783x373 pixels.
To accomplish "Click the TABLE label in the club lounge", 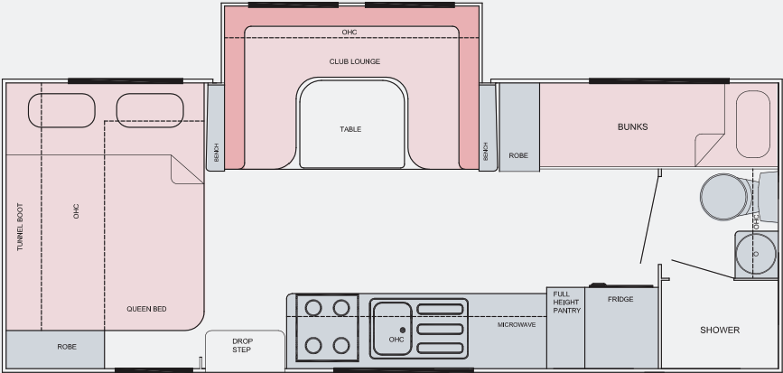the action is click(x=350, y=129).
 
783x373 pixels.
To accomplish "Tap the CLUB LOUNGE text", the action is click(x=355, y=61).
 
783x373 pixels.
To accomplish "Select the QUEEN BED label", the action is click(x=146, y=309).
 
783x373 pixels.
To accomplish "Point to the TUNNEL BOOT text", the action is click(x=20, y=227).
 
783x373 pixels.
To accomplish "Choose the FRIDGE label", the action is click(x=620, y=299).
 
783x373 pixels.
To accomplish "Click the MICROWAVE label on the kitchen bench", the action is click(x=517, y=324).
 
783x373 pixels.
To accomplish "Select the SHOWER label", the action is click(x=720, y=330).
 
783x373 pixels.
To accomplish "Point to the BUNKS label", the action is click(x=633, y=126).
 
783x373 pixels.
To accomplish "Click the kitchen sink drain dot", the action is click(x=403, y=330).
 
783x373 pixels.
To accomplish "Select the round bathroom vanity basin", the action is click(x=756, y=254).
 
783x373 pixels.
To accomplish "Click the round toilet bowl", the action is click(x=724, y=197).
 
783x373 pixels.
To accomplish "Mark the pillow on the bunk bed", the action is click(x=753, y=125).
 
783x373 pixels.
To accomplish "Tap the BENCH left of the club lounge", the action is click(x=216, y=127).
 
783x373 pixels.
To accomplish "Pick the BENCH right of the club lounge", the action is click(x=488, y=127).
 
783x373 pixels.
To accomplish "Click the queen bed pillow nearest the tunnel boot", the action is click(x=61, y=110).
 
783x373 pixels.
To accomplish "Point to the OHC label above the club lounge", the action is click(x=350, y=32).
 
